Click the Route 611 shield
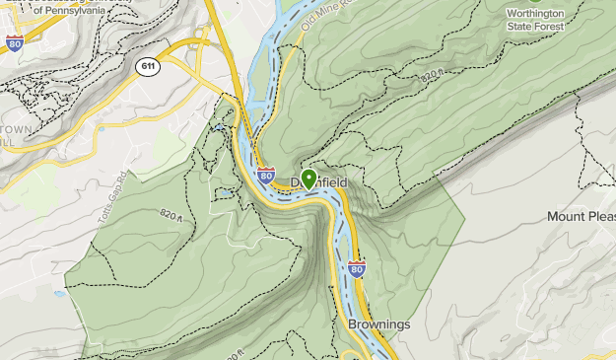pyautogui.click(x=147, y=65)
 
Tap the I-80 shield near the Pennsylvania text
pyautogui.click(x=14, y=42)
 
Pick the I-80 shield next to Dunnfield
pyautogui.click(x=266, y=177)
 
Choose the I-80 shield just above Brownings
pyautogui.click(x=356, y=268)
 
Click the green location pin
pyautogui.click(x=308, y=179)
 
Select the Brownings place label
pyautogui.click(x=378, y=324)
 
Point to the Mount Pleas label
pyautogui.click(x=582, y=216)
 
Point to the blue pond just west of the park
pyautogui.click(x=60, y=293)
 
